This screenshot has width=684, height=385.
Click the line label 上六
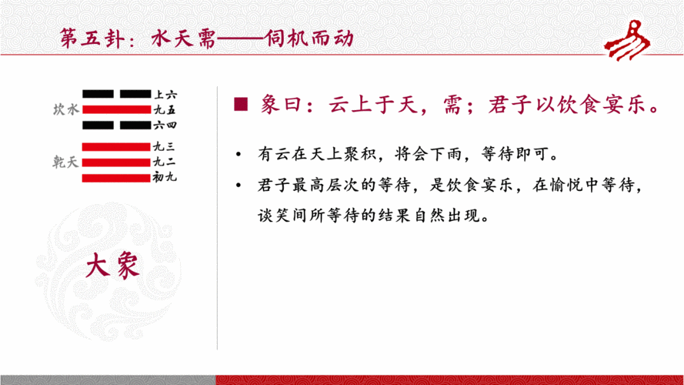point(165,94)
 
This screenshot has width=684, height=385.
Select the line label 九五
point(165,109)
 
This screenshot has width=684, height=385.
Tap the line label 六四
point(165,125)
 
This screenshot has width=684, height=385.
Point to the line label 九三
point(165,147)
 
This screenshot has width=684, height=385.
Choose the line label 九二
point(165,162)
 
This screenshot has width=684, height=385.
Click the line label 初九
point(165,178)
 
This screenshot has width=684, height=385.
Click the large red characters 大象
point(112,266)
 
